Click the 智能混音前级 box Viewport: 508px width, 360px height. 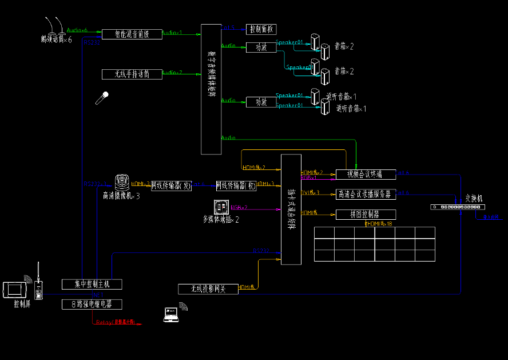click(132, 34)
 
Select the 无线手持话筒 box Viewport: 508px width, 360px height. click(132, 74)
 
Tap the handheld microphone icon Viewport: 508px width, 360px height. click(102, 98)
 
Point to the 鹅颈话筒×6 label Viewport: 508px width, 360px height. click(56, 40)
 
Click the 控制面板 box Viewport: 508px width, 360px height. click(261, 29)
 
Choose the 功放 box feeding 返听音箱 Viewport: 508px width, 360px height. click(261, 102)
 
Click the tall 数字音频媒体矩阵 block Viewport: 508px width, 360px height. click(211, 89)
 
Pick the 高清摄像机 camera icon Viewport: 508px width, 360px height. click(122, 183)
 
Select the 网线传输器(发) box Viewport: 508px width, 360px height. click(172, 185)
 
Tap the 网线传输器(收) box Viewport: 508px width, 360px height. click(236, 185)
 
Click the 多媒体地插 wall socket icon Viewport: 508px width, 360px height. click(221, 207)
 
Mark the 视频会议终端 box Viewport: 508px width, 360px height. click(365, 174)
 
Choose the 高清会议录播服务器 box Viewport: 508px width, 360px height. click(365, 194)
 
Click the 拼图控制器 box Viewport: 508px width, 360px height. click(365, 214)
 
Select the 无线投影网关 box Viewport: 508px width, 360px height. click(207, 288)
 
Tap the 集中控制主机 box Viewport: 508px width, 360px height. click(92, 284)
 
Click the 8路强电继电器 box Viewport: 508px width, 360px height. click(92, 304)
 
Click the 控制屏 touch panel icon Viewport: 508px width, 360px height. click(14, 290)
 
